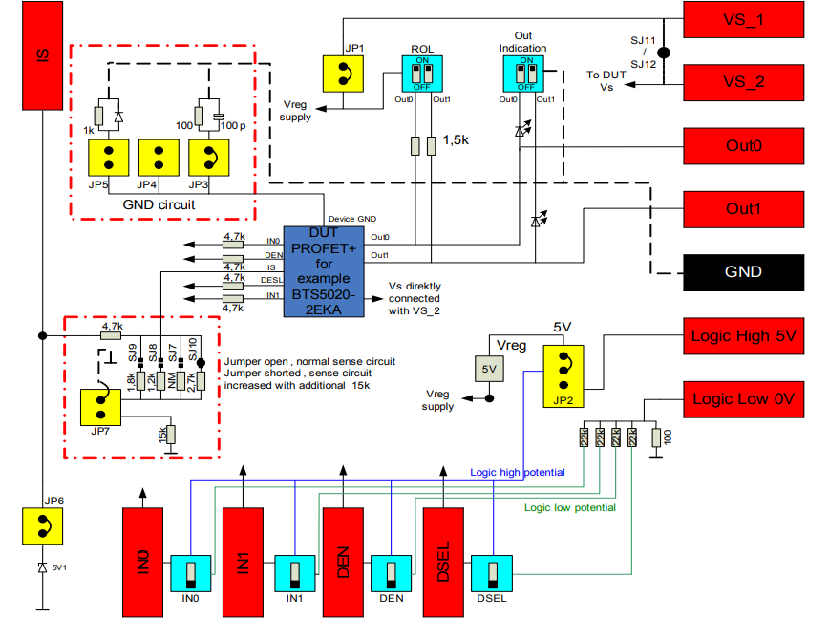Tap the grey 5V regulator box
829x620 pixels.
489,367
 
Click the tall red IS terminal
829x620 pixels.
43,54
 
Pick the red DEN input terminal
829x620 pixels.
344,561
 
